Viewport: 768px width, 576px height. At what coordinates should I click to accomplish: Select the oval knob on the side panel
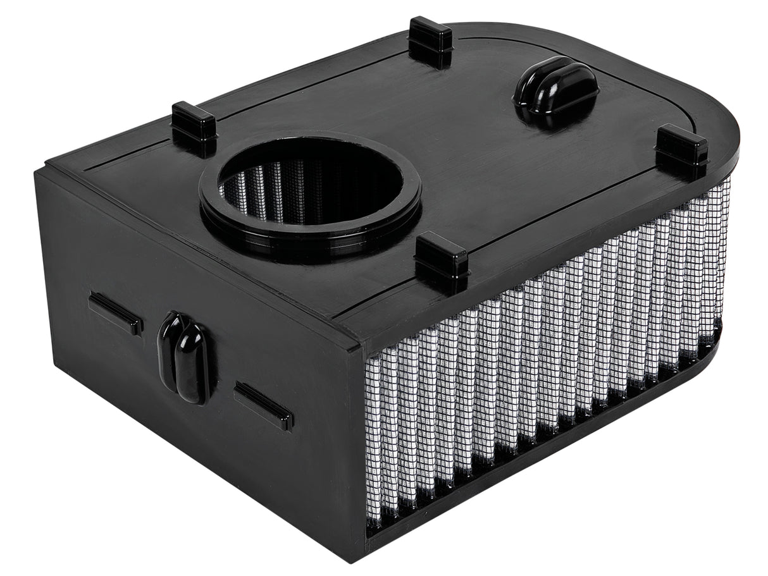(185, 358)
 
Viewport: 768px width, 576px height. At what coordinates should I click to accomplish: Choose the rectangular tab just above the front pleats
(442, 260)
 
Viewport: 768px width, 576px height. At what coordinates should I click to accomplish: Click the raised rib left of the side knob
(115, 313)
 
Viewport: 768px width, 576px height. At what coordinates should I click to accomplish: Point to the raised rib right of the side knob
(263, 405)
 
